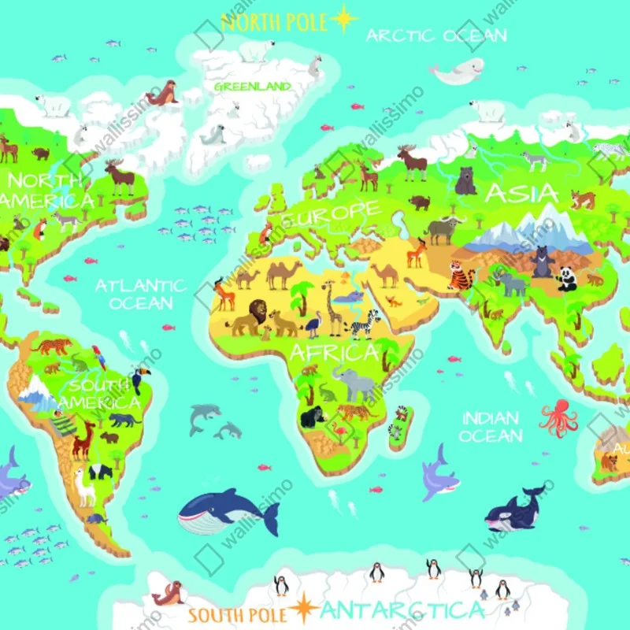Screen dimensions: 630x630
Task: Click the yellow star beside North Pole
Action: click(x=344, y=19)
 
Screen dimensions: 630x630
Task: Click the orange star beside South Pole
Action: click(x=302, y=608)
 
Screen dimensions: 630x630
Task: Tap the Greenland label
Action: click(x=252, y=86)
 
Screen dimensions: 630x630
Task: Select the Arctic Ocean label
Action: click(x=435, y=35)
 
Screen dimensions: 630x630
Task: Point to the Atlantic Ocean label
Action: click(x=140, y=294)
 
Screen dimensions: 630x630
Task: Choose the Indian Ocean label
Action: click(x=491, y=427)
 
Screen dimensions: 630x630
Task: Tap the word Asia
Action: click(x=516, y=193)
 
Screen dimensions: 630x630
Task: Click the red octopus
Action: click(x=558, y=417)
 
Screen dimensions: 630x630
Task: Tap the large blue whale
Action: click(x=224, y=510)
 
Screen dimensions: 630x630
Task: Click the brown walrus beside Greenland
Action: click(x=163, y=94)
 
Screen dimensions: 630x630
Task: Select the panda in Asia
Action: click(x=566, y=278)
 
